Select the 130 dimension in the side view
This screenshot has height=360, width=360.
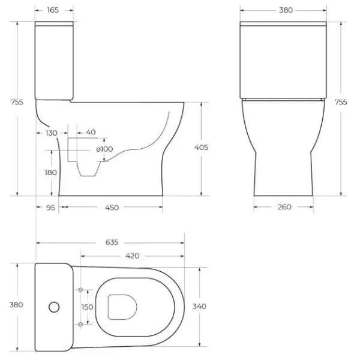coord(52,133)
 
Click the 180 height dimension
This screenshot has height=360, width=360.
coord(51,172)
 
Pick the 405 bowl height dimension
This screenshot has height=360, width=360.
coord(202,148)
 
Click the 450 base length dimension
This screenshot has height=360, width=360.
coord(112,208)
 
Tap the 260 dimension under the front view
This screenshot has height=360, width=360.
coord(284,208)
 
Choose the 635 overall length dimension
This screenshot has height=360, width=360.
coord(112,242)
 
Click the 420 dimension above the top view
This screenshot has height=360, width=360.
coord(132,256)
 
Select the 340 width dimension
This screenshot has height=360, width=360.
coord(200,306)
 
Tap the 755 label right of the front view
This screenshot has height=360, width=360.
coord(341,103)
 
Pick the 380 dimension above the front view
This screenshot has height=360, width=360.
coord(285,10)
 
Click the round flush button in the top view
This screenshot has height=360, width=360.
coord(54,307)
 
